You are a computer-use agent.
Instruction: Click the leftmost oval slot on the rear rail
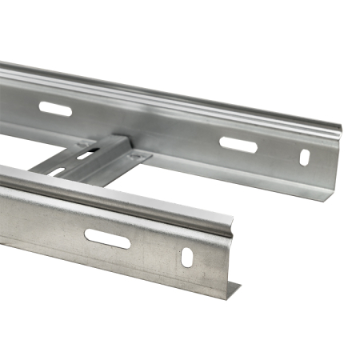point(55,109)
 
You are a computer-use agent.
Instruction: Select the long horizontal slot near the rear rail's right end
point(238,145)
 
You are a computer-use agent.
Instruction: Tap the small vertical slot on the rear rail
point(305,157)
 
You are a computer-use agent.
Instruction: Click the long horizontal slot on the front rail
point(108,238)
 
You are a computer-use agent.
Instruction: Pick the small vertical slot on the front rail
point(186,257)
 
